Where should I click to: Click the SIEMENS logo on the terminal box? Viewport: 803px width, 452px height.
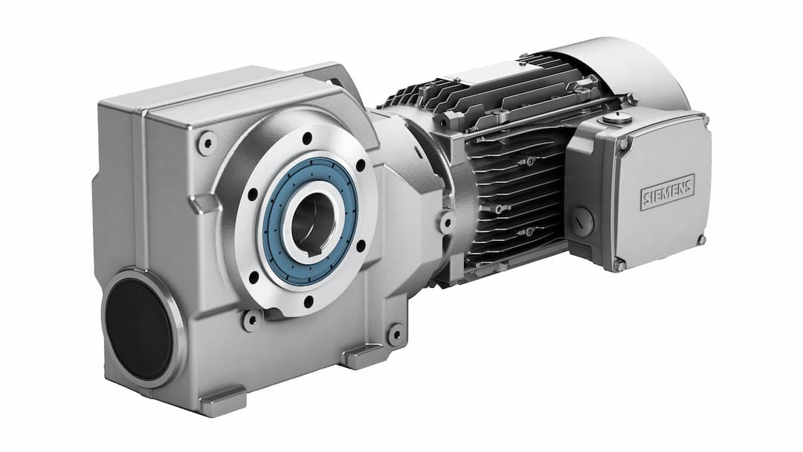tap(667, 192)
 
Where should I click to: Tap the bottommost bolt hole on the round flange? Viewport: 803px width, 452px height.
tap(308, 301)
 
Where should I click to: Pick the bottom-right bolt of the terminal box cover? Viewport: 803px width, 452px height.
tap(700, 239)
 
